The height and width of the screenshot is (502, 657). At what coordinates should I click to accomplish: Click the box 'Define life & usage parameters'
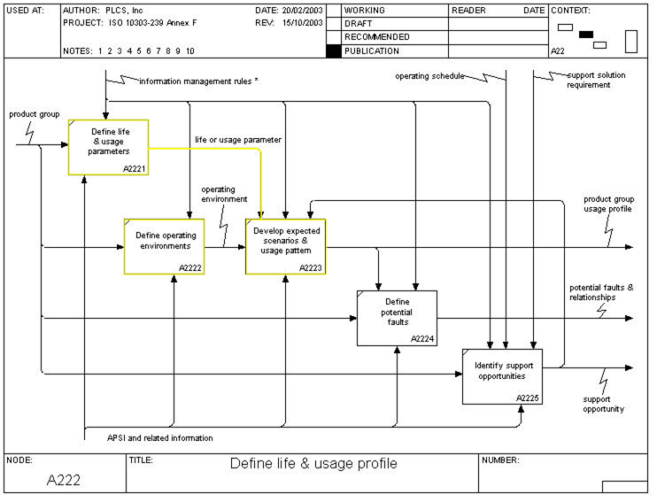coord(108,146)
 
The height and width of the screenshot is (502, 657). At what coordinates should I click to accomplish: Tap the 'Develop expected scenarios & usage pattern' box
coord(285,245)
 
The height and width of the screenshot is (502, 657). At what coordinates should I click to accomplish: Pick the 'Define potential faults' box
coord(397,318)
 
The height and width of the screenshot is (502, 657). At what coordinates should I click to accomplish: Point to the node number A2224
coord(422,339)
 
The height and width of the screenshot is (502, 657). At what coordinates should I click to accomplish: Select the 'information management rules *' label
coord(198,81)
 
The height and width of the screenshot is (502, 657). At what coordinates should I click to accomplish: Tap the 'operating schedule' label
coord(429,76)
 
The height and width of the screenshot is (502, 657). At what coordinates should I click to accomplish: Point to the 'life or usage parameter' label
coord(237,140)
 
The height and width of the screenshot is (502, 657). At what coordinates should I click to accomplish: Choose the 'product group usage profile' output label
coord(607,204)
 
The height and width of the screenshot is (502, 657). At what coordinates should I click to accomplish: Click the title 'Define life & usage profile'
coord(313,464)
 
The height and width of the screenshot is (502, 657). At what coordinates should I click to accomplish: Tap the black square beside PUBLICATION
coord(333,51)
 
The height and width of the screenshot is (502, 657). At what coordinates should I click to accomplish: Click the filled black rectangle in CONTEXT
coord(586,35)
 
